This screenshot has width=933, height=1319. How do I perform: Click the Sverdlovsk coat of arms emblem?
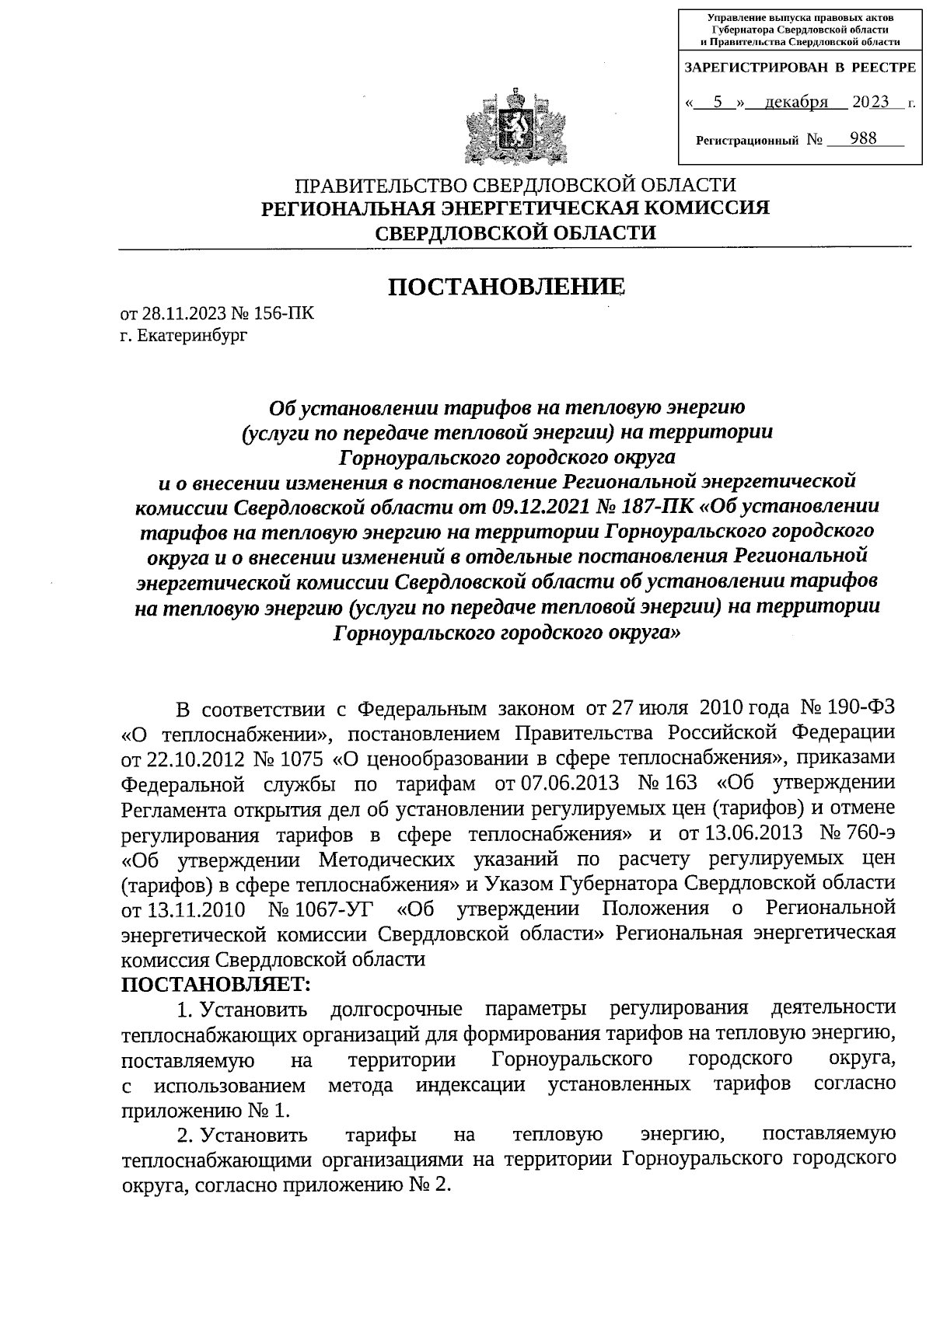point(513,127)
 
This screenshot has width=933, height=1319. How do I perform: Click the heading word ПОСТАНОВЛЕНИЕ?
point(506,287)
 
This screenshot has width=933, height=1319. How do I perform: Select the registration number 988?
point(863,138)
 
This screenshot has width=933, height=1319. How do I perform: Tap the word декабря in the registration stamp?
point(795,102)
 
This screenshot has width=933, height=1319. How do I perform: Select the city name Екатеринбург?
point(192,336)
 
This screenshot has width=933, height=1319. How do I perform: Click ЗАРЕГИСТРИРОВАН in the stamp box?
point(755,68)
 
